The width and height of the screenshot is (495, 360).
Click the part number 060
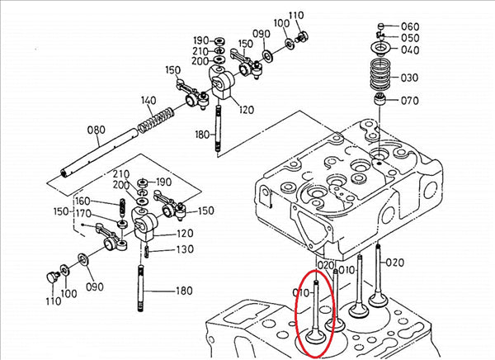click(x=409, y=26)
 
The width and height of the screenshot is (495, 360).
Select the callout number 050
click(x=409, y=38)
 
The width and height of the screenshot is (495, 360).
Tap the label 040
click(x=409, y=50)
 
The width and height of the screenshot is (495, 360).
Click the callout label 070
click(x=409, y=102)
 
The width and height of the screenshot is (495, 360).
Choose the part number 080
click(x=96, y=130)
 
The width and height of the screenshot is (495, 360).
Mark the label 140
click(x=148, y=101)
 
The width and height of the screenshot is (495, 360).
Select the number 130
click(x=184, y=249)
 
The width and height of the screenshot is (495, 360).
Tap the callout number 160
click(x=82, y=201)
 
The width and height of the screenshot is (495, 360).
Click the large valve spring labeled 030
click(x=380, y=77)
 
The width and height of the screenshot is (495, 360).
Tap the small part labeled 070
click(x=381, y=102)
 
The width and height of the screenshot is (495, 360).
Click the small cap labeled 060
click(x=380, y=27)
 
